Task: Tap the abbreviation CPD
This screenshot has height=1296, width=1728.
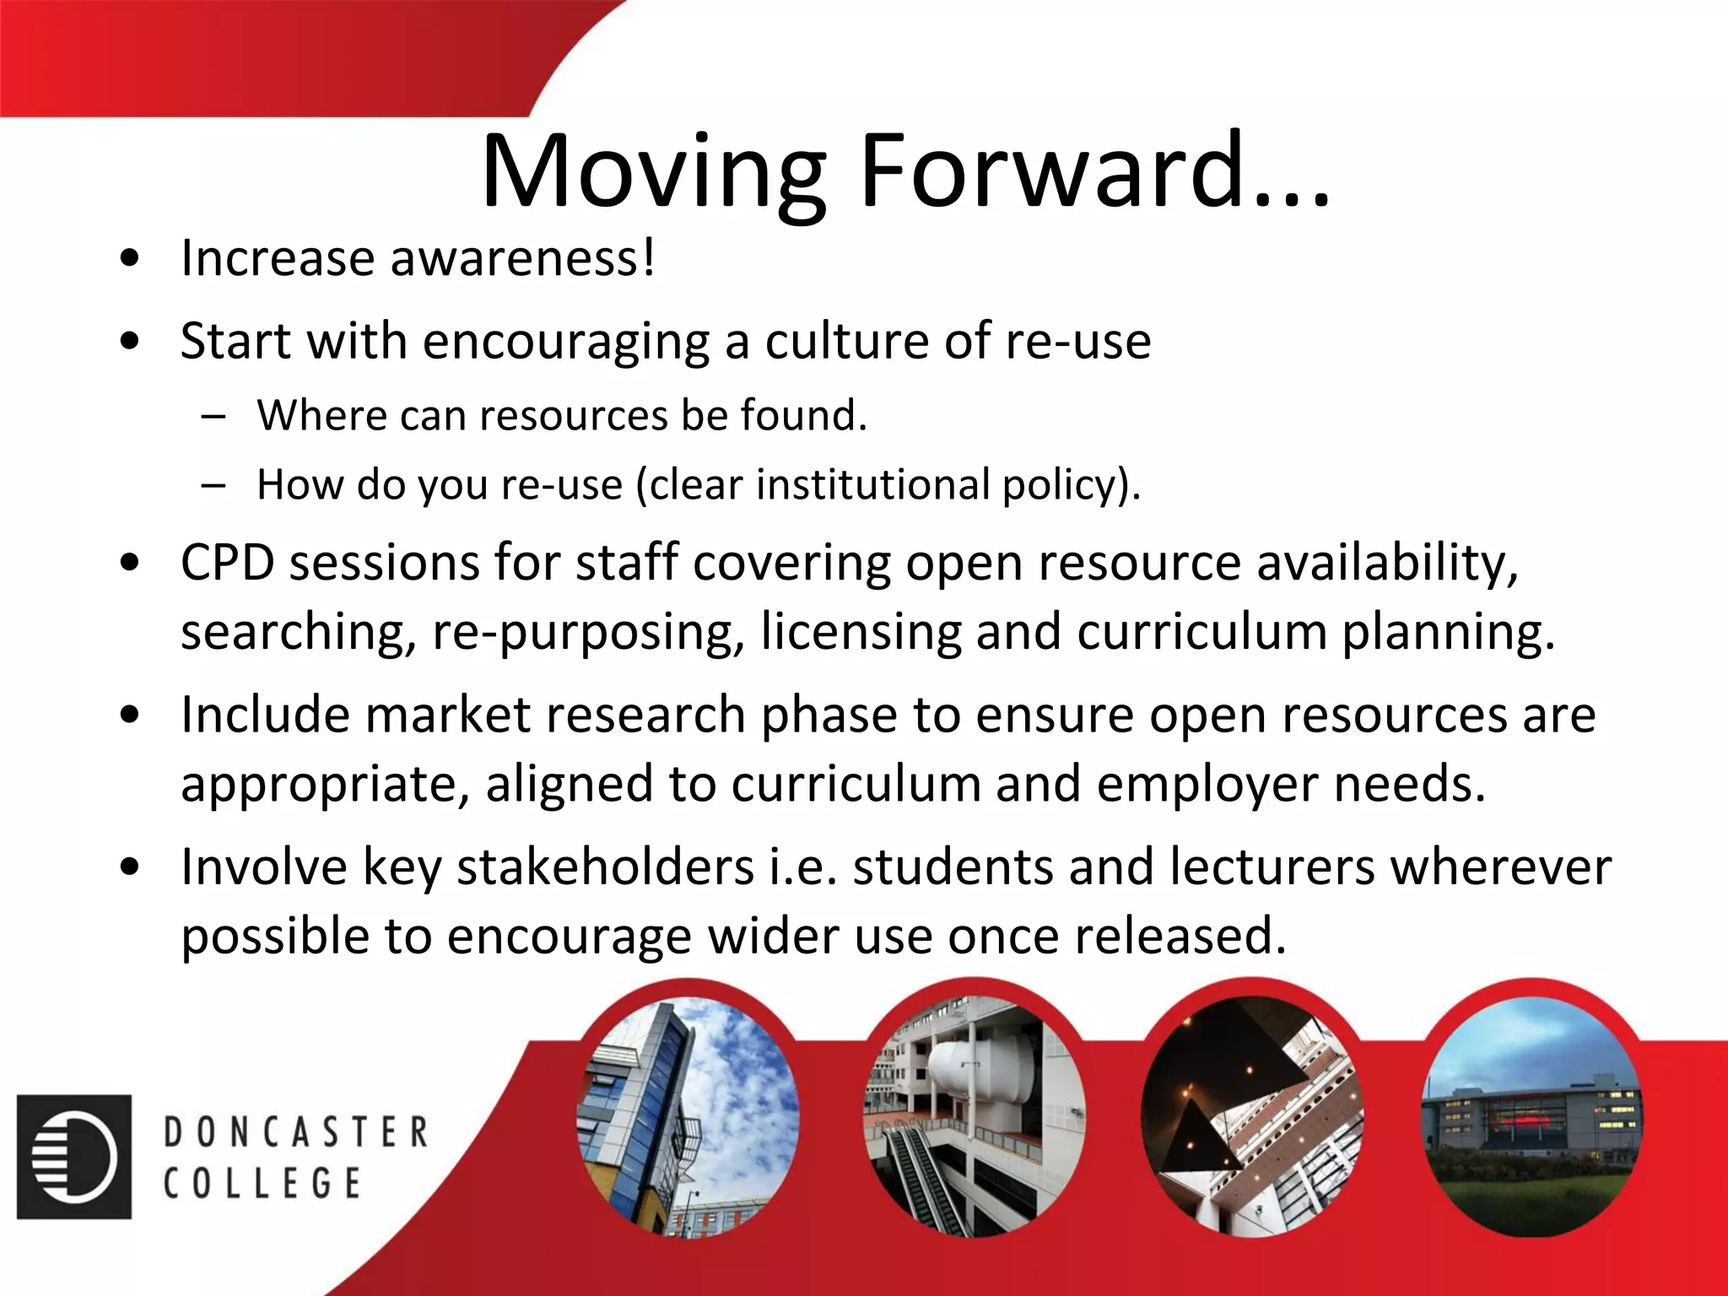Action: coord(228,562)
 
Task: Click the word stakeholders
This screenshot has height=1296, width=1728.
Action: coord(605,867)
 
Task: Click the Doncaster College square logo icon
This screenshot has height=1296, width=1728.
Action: coord(74,1157)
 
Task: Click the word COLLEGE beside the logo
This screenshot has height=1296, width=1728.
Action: coord(262,1183)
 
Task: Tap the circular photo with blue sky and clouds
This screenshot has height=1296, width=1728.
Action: coord(688,1117)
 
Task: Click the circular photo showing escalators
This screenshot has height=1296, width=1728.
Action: coord(975,1117)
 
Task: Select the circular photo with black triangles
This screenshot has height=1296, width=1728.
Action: coord(1252,1117)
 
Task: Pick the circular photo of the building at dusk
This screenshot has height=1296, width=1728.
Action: coord(1532,1117)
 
